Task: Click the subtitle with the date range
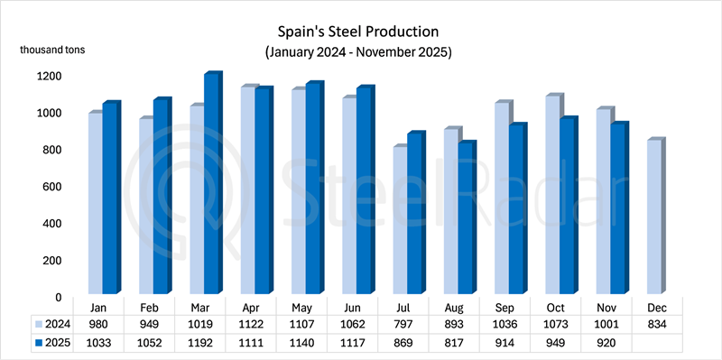click(x=358, y=52)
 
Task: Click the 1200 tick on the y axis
click(x=50, y=77)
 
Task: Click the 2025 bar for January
click(x=109, y=199)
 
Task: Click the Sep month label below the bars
click(x=510, y=307)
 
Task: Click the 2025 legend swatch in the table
click(x=39, y=341)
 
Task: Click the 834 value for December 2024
click(x=658, y=323)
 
